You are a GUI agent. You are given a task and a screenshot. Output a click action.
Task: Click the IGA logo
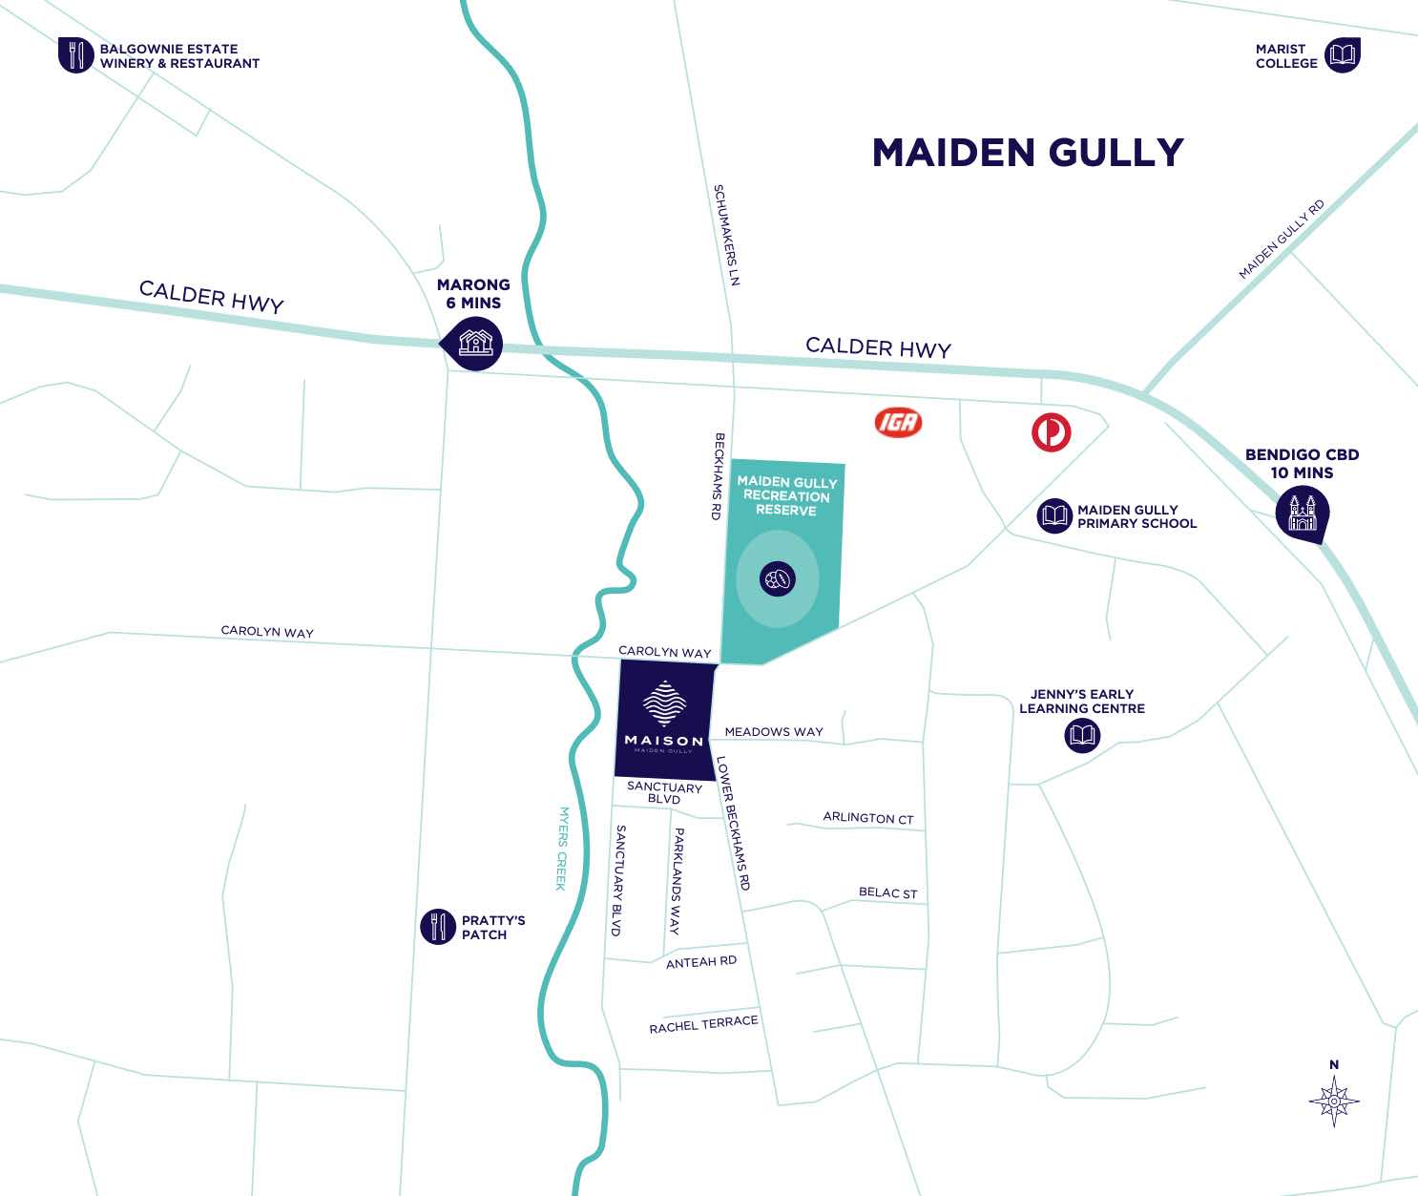[898, 422]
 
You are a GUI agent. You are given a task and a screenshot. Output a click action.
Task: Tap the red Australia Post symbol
[1051, 432]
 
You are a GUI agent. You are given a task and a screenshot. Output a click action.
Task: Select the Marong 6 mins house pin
[474, 342]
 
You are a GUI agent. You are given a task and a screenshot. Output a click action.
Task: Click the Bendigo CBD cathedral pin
[1303, 514]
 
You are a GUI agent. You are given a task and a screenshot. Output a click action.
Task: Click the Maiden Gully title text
[1028, 153]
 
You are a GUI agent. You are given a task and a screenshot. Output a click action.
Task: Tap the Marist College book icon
[1342, 55]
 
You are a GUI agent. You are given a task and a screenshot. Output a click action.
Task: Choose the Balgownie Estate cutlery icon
[75, 55]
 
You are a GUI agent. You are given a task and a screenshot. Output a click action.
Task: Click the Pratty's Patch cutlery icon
[438, 926]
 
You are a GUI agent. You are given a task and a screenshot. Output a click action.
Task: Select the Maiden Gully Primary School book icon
[1054, 516]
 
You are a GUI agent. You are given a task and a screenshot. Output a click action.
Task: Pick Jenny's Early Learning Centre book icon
[1082, 735]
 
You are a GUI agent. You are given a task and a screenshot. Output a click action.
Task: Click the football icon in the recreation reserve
[778, 578]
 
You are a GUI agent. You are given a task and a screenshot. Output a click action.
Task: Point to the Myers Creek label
[563, 849]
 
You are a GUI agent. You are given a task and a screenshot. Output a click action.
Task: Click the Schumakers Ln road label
[727, 235]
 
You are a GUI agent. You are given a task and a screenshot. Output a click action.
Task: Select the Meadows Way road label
[774, 732]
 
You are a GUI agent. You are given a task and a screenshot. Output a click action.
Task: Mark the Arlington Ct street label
[868, 818]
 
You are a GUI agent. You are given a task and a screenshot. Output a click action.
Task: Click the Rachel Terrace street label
[703, 1024]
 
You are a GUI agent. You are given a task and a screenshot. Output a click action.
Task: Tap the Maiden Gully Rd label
[1282, 240]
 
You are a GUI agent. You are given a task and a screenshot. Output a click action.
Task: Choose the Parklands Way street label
[677, 880]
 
